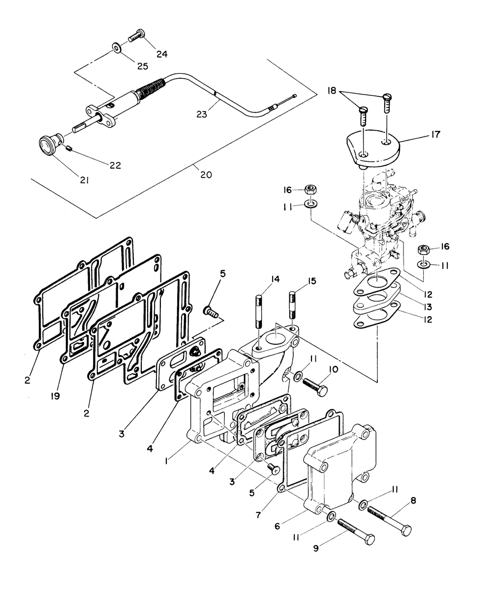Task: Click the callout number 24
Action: [162, 54]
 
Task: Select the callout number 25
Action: [143, 66]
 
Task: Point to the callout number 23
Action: [202, 115]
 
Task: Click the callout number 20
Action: [206, 175]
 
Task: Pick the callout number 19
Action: [55, 396]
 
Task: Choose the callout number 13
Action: [428, 307]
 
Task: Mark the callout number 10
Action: [333, 370]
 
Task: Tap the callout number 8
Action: [413, 501]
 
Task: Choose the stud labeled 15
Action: [293, 304]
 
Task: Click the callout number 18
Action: [332, 91]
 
